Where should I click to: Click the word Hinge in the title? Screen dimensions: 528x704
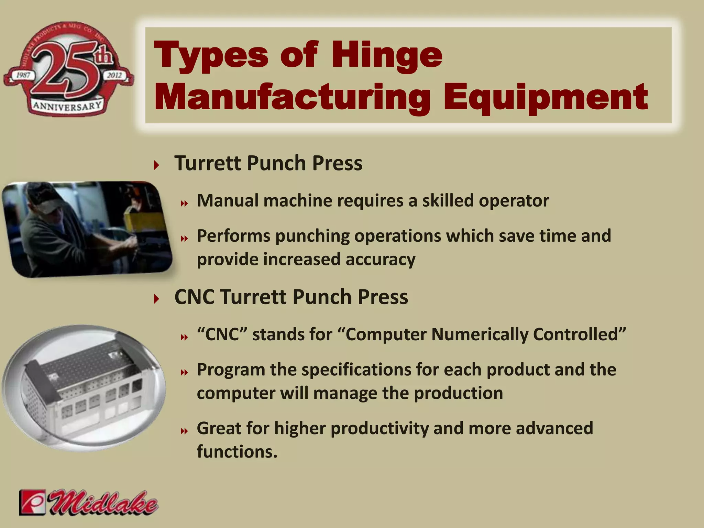point(387,55)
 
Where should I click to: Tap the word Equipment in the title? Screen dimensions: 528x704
point(546,97)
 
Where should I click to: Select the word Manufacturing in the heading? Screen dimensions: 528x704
point(293,97)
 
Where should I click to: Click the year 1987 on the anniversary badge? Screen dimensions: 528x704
point(23,75)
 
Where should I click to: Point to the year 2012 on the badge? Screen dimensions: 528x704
point(114,75)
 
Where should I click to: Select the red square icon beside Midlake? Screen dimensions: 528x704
point(32,502)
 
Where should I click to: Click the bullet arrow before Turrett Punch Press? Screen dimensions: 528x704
point(157,165)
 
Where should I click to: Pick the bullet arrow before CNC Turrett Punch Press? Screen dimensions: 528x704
point(157,299)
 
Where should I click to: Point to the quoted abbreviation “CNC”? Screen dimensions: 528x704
point(222,334)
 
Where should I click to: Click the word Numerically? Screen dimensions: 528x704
point(480,334)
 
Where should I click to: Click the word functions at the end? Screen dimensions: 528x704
point(237,451)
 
